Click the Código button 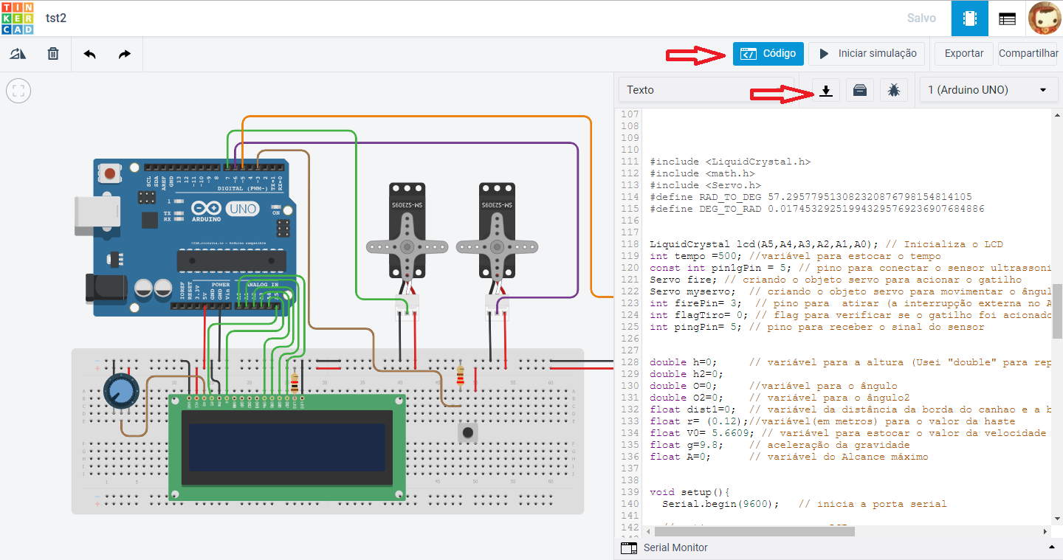tap(768, 54)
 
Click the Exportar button tap(964, 54)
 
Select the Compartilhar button tap(1028, 54)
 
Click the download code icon tap(826, 90)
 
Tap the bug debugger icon tap(894, 90)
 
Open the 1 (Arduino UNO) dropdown tap(987, 90)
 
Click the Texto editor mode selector tap(706, 90)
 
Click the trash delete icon tap(53, 54)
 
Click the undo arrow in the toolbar tap(89, 54)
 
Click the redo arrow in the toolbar tap(125, 54)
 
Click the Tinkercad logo tap(17, 18)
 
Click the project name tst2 tap(56, 18)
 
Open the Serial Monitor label tap(675, 547)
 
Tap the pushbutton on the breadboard tap(467, 432)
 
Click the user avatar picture tap(1044, 18)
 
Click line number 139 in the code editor tap(629, 492)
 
